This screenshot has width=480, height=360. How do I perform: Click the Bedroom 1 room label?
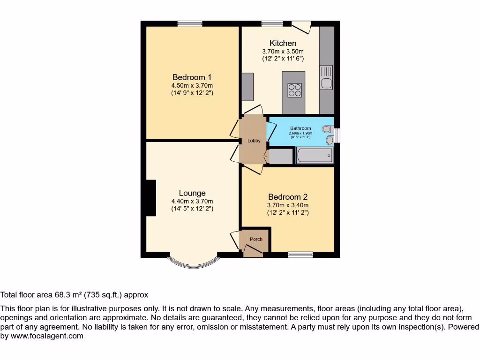[x=192, y=77]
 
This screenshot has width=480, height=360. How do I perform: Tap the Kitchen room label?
[x=283, y=43]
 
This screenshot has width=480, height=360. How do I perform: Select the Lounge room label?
[x=192, y=193]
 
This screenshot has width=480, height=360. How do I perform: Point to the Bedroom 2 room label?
[x=288, y=197]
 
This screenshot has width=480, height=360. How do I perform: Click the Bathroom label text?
[x=300, y=128]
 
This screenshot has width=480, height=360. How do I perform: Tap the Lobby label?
[x=254, y=141]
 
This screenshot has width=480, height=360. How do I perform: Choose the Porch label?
[x=256, y=239]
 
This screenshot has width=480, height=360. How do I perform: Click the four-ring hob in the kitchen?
[x=294, y=90]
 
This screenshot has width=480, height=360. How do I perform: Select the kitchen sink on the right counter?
[x=326, y=83]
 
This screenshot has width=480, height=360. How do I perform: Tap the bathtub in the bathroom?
[x=315, y=155]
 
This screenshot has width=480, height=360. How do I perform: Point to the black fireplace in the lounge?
[x=150, y=198]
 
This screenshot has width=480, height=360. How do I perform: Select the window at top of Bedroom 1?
[x=190, y=23]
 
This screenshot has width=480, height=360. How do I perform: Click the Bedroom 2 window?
[x=300, y=255]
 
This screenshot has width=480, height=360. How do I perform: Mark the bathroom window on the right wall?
[x=337, y=135]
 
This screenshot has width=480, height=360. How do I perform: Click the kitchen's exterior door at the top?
[x=301, y=27]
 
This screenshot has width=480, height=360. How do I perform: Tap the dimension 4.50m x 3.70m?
[x=192, y=85]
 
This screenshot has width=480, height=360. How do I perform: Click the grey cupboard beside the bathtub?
[x=281, y=156]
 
